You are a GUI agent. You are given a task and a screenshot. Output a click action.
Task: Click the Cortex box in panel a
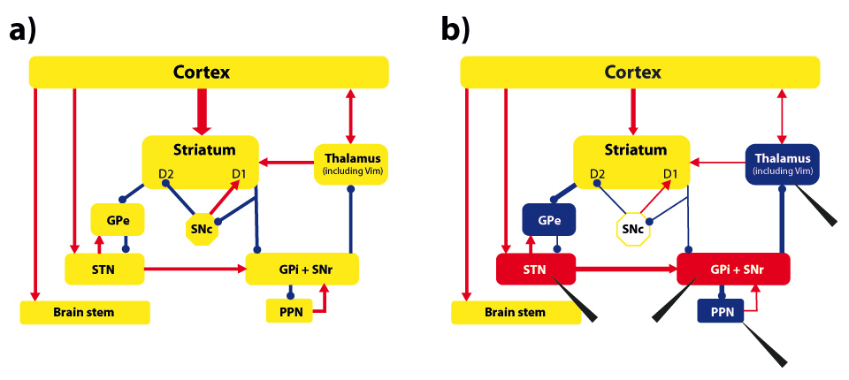[x=209, y=72]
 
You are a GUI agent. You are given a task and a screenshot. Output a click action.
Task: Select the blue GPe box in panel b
[x=549, y=219]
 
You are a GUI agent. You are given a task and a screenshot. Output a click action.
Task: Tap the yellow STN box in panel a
[x=105, y=268]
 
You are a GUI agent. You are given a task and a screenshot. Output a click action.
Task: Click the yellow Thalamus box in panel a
[x=352, y=163]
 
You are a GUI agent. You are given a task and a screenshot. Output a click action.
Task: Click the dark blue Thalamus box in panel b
[x=783, y=163]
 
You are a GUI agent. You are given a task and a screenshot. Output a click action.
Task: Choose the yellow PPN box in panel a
[x=290, y=311]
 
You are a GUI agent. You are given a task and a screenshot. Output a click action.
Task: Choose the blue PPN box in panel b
[x=722, y=311]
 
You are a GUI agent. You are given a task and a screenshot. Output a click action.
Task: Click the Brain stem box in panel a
[x=84, y=312]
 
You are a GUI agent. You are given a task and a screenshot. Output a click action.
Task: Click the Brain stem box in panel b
[x=516, y=312]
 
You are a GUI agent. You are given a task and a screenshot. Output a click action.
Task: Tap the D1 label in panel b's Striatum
[x=671, y=174]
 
